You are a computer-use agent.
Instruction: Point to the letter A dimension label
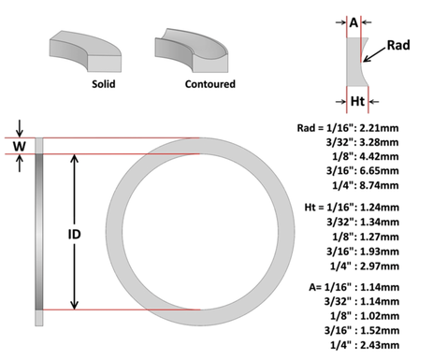pos(353,19)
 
